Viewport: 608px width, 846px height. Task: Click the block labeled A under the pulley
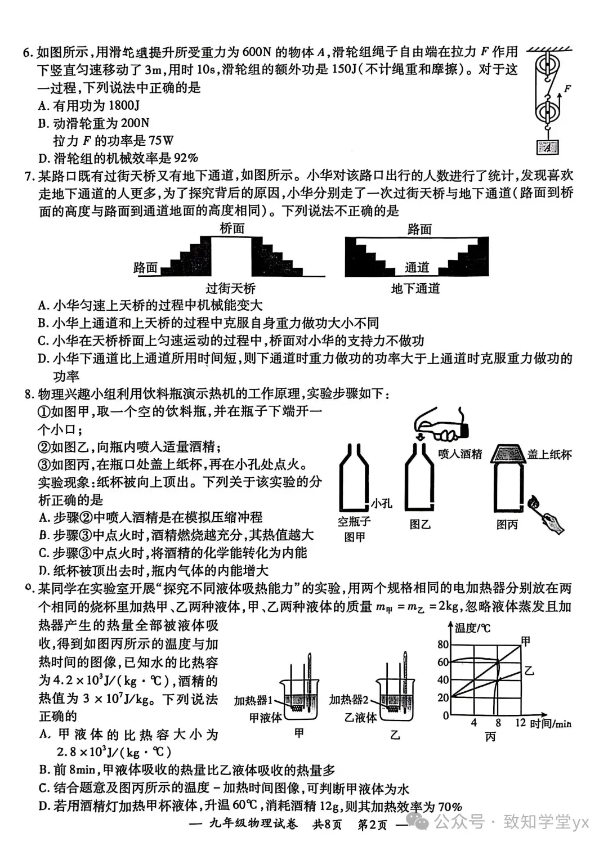point(547,147)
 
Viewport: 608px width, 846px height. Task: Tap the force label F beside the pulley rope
point(567,89)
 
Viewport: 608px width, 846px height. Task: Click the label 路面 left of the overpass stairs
point(145,268)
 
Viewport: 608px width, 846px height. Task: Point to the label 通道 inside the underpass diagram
point(417,267)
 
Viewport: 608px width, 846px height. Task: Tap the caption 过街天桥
point(230,289)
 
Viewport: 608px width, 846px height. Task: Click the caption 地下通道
point(415,289)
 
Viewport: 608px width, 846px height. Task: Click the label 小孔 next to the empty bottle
point(381,503)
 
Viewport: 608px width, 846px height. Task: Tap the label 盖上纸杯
point(549,455)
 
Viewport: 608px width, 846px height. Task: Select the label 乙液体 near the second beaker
point(360,718)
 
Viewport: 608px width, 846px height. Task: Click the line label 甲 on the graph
point(526,641)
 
